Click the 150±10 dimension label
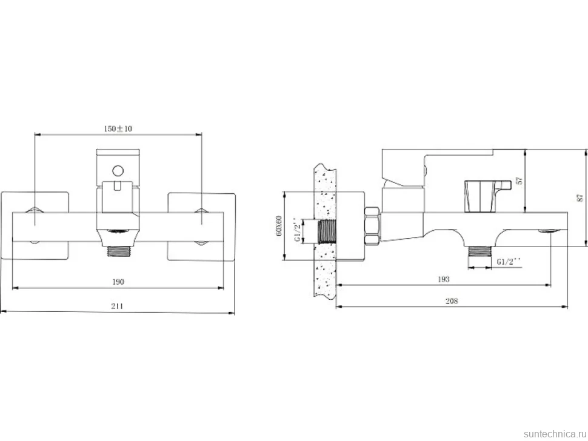click(118, 128)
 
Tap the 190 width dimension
click(118, 282)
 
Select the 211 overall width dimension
click(118, 306)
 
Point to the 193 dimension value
click(444, 279)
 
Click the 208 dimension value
click(452, 301)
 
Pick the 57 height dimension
click(520, 181)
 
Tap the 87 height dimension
click(581, 198)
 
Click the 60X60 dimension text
click(278, 225)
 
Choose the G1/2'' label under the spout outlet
click(509, 262)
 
